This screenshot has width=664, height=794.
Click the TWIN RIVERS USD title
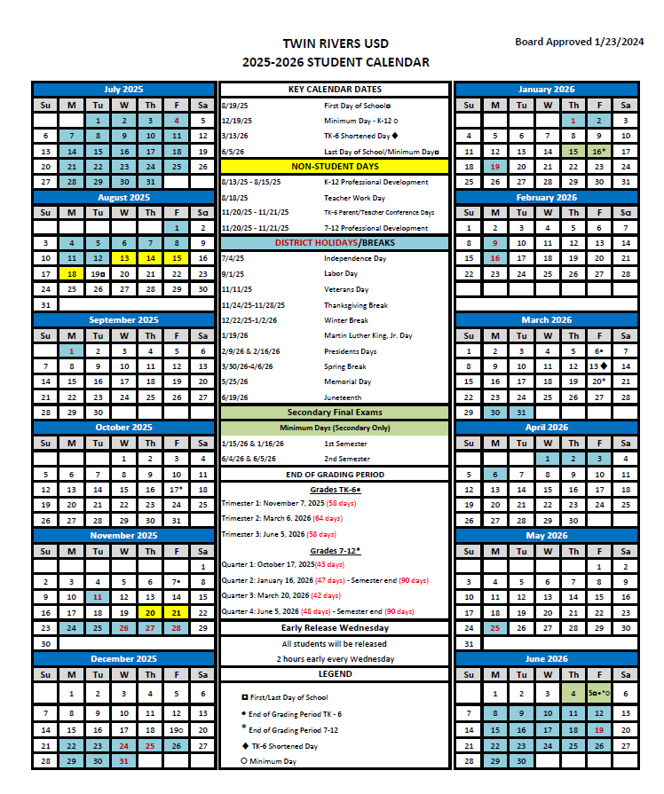335,43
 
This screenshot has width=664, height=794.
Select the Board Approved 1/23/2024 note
579,42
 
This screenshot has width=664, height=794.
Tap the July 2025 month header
123,90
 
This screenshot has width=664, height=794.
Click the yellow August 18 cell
71,274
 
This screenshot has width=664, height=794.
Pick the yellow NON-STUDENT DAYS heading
335,166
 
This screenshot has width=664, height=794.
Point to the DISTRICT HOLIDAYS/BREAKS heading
335,243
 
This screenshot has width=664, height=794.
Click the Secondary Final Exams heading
335,413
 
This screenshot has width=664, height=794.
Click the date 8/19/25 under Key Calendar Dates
236,105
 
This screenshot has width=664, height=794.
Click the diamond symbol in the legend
244,746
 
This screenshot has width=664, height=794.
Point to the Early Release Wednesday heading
335,628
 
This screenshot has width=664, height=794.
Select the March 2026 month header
546,319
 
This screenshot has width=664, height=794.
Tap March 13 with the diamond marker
599,366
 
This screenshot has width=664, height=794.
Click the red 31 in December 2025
124,761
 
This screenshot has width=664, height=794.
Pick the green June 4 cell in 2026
573,694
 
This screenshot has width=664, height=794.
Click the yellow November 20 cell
150,613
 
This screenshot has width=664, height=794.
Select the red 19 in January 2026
494,166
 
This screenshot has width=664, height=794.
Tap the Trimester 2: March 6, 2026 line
281,518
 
